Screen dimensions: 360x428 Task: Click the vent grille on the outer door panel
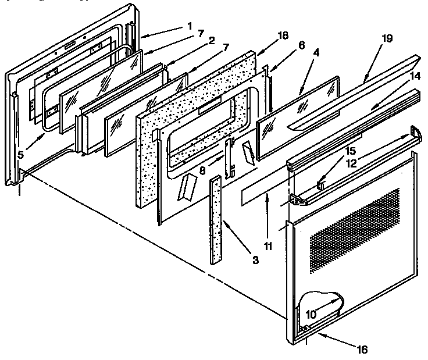pos(355,230)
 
